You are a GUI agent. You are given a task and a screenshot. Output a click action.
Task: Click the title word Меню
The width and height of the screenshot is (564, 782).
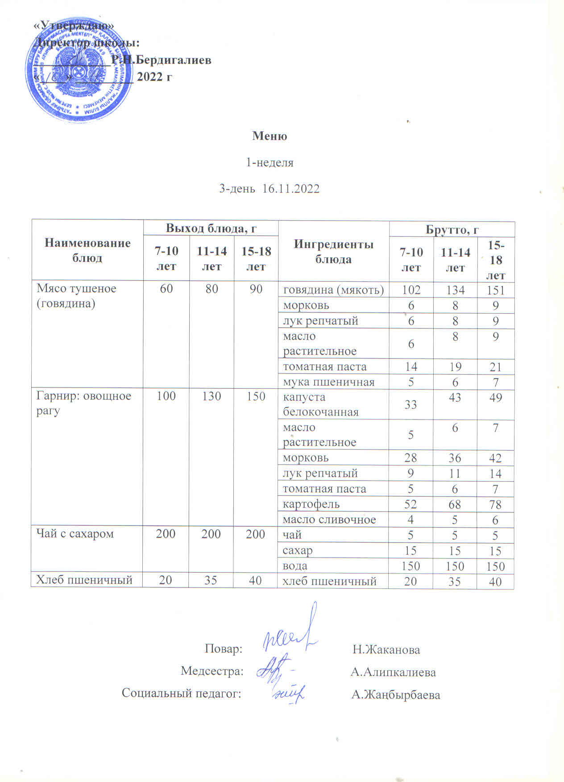coord(270,136)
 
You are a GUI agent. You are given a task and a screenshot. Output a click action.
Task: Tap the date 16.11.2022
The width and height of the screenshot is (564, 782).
coord(291,188)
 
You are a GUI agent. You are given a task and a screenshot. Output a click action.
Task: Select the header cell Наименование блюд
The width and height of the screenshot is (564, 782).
coord(87,250)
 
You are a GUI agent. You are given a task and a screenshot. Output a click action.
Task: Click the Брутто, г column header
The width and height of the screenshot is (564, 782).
coord(452,230)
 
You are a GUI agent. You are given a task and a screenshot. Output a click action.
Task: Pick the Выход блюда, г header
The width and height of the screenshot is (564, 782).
coord(211,228)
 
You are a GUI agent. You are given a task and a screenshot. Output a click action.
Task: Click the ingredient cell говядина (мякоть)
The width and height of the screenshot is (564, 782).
coord(333,290)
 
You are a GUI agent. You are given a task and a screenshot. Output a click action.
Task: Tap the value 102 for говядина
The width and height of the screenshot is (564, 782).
coord(411,290)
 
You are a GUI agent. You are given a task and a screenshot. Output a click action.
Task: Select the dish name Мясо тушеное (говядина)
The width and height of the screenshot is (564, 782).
coord(76,295)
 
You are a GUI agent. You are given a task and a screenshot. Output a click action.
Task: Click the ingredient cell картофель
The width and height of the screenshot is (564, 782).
coord(311,504)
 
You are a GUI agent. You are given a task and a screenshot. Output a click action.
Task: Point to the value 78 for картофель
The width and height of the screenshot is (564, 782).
coord(495,504)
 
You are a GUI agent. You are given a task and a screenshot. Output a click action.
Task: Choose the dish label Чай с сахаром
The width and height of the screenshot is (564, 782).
coord(75,534)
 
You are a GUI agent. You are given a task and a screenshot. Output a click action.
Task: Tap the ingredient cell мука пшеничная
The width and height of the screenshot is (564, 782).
coord(329,382)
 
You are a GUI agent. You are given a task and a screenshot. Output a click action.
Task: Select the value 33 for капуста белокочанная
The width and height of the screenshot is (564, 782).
coord(411,404)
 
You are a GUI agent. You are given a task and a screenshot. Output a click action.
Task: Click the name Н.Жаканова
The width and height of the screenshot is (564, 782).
coord(386,649)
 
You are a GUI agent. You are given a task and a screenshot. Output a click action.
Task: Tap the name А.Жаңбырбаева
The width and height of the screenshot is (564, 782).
coord(396,695)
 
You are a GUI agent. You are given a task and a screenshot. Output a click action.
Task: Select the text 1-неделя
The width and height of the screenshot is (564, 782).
coord(270,162)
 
